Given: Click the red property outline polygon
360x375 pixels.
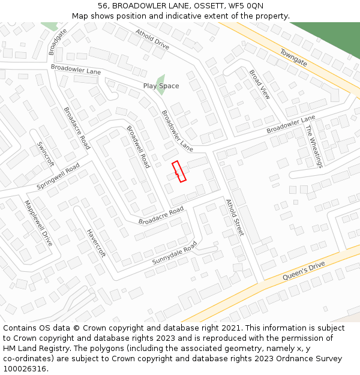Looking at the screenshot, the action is [x=179, y=172].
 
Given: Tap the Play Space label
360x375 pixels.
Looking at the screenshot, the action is [x=161, y=86].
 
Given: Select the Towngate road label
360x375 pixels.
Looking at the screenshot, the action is [x=293, y=58].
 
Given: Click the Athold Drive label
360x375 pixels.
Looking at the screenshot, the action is [x=152, y=38].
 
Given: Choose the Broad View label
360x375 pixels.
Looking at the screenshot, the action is [x=260, y=85].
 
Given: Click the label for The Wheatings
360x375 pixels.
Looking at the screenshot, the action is [x=314, y=146].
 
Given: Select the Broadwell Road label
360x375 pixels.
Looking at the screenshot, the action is [x=138, y=146].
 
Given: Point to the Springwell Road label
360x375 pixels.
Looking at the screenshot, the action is [x=58, y=176].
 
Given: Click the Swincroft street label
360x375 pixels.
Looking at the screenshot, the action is [x=46, y=154].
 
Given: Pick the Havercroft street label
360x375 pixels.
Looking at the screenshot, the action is [x=96, y=243].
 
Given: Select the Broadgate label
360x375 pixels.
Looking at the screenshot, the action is [x=58, y=42].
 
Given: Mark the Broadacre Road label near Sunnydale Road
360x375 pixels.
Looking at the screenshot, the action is [x=161, y=216].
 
